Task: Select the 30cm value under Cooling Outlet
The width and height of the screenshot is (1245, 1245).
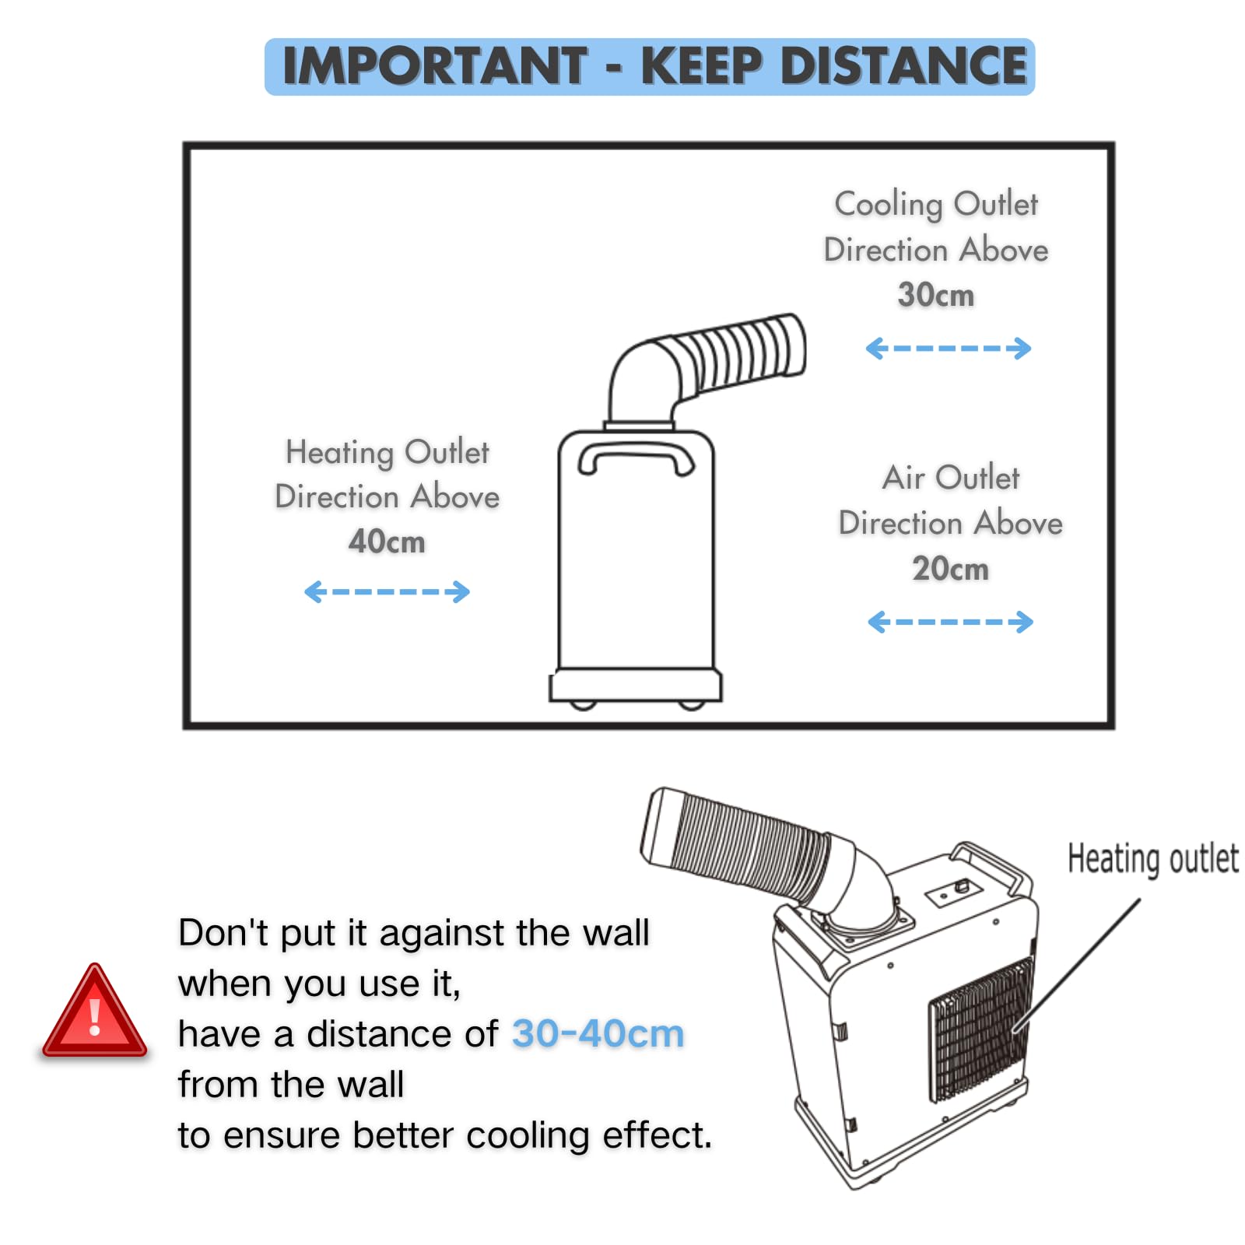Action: tap(935, 295)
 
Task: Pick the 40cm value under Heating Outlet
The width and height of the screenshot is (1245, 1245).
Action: tap(387, 542)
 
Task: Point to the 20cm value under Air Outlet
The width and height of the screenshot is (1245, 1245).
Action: tap(950, 569)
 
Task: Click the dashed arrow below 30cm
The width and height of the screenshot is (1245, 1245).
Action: tap(949, 348)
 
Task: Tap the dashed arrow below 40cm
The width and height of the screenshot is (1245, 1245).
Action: tap(387, 592)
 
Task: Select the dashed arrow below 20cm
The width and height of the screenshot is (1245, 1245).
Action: tap(950, 622)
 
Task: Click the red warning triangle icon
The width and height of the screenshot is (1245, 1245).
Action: tap(94, 1012)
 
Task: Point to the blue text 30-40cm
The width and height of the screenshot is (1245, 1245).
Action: tap(598, 1034)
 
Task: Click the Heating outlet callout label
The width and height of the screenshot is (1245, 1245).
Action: tap(1152, 859)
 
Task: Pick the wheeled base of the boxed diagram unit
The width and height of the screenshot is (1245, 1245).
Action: tap(636, 688)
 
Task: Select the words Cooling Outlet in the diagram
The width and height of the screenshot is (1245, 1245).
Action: tap(936, 205)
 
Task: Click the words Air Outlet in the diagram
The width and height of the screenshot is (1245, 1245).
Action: tap(950, 478)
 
